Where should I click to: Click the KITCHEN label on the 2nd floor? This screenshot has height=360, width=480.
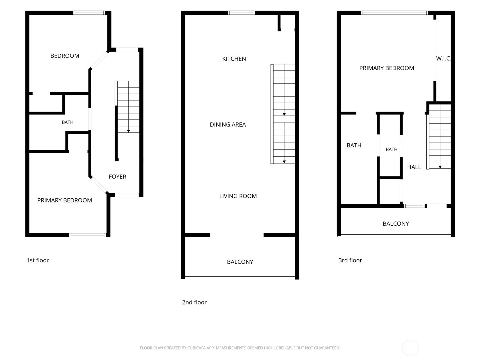(234, 59)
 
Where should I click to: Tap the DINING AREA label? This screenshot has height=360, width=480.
(228, 124)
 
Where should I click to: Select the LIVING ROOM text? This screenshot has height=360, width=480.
(238, 196)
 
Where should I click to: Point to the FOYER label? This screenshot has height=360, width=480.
(117, 177)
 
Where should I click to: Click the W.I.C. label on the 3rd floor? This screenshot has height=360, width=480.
(443, 58)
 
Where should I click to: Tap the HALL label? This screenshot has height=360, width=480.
(414, 167)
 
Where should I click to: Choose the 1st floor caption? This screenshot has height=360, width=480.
(37, 260)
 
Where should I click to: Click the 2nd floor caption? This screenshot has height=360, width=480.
(194, 302)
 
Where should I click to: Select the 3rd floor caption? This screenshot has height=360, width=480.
(350, 260)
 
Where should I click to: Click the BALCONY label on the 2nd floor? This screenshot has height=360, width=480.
(240, 262)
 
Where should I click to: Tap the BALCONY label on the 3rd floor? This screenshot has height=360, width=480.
(396, 223)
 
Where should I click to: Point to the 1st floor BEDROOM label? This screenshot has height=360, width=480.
(65, 56)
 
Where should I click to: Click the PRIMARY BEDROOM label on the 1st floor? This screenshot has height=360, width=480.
(64, 200)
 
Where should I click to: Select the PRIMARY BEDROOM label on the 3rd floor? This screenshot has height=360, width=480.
(387, 68)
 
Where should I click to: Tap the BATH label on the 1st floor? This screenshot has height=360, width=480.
(67, 122)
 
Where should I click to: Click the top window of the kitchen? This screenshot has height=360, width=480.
(241, 13)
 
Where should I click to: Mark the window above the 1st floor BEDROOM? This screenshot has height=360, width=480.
(89, 13)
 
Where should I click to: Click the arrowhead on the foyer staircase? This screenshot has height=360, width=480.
(128, 131)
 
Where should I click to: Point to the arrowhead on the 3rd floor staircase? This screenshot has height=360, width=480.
(440, 167)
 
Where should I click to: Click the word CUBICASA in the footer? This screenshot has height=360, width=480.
(196, 348)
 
